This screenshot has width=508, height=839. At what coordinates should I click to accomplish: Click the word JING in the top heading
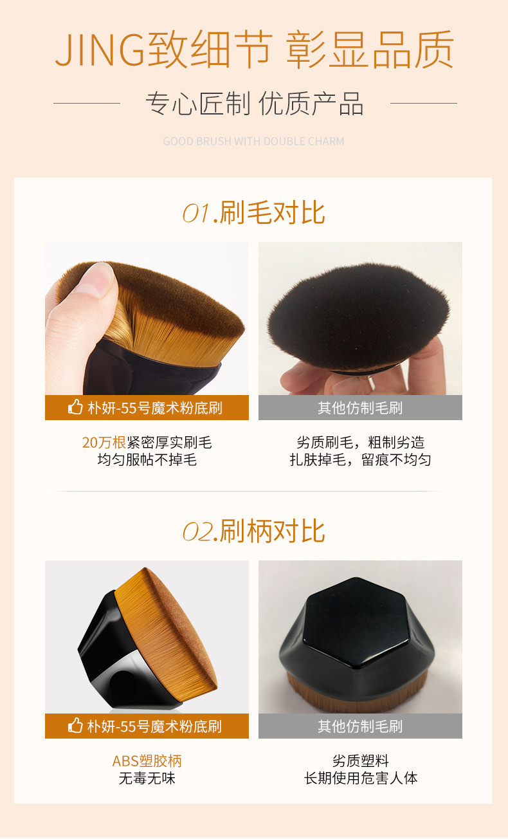[100, 50]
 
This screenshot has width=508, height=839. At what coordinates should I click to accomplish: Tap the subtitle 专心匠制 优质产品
[254, 104]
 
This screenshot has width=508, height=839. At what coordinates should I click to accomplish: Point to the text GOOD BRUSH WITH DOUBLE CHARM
[253, 141]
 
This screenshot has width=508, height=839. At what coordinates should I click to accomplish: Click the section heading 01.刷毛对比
[254, 213]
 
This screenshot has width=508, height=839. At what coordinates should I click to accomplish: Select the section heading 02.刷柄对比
[254, 531]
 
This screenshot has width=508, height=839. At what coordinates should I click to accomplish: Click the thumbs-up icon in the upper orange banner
[75, 407]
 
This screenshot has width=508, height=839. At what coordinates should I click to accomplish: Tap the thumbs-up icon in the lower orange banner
[75, 726]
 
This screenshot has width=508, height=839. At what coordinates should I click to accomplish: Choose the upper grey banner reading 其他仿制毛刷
[360, 407]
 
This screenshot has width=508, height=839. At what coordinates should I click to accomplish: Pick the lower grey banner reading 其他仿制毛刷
[360, 726]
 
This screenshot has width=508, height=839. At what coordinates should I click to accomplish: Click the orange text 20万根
[104, 443]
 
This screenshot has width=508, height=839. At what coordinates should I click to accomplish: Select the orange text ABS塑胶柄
[147, 761]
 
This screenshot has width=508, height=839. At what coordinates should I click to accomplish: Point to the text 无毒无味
[147, 778]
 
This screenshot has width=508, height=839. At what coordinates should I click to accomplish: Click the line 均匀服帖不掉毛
[147, 459]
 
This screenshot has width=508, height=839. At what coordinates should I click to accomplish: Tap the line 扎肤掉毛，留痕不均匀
[360, 459]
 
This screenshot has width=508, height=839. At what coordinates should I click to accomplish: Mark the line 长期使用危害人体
[360, 778]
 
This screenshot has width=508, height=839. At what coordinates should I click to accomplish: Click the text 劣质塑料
[360, 761]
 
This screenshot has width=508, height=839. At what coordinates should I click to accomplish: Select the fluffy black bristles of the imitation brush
[357, 315]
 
